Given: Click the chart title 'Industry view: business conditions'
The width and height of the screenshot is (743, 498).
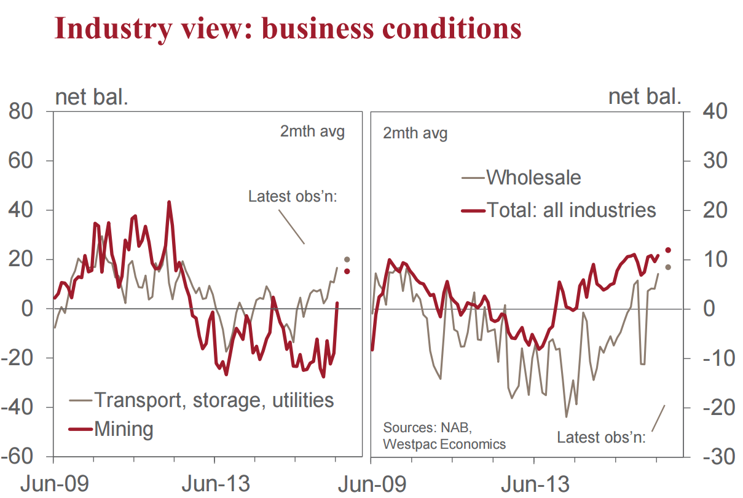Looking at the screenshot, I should [288, 28].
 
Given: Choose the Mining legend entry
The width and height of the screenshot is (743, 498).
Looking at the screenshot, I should [123, 429].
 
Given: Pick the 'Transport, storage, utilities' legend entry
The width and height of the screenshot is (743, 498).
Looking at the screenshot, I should [213, 400].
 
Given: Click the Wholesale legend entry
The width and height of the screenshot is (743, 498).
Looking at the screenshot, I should [533, 178].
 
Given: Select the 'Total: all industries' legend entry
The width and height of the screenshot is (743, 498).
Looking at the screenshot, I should [571, 210].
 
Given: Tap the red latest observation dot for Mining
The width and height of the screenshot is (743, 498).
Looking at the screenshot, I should [347, 271].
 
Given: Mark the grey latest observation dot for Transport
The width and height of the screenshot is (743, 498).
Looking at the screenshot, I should [347, 259].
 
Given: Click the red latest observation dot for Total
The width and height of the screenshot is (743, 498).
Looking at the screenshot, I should [668, 250].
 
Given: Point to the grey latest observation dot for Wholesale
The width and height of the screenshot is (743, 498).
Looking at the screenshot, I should [668, 267].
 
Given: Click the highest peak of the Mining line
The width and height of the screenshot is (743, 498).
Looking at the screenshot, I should [169, 202].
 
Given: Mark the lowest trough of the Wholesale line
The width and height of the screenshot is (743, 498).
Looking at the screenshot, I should [567, 416].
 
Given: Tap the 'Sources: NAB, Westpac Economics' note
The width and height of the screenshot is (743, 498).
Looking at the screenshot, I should [444, 435].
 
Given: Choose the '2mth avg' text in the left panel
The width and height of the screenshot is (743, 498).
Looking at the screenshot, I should [312, 132].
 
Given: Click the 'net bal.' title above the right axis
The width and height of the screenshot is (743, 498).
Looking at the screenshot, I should [645, 97].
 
